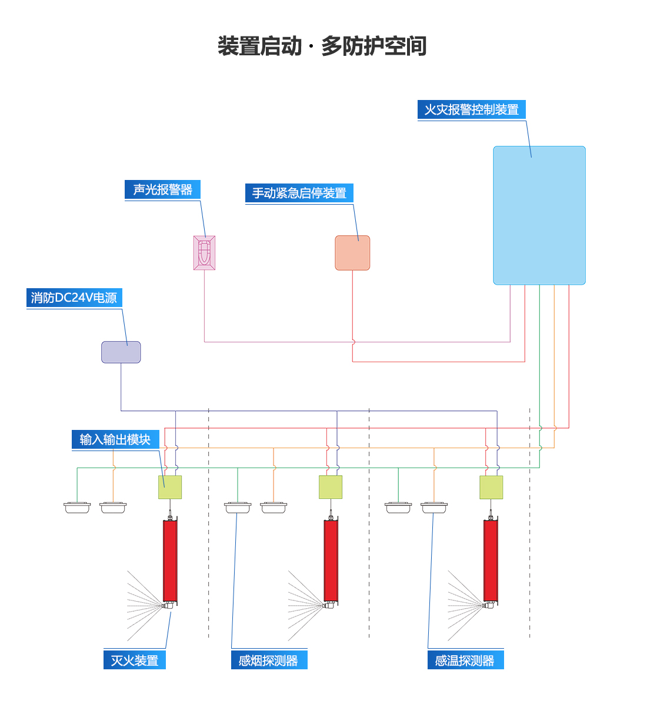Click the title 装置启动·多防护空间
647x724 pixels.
[x=322, y=46]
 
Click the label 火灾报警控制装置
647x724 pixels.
[x=471, y=110]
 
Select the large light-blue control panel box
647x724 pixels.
[x=539, y=215]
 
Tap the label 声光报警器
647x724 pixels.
[x=162, y=190]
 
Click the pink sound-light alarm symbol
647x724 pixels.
[x=204, y=253]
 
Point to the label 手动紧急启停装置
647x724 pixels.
[x=299, y=193]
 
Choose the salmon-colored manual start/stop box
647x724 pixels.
[x=352, y=253]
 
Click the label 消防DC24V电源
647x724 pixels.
[x=74, y=298]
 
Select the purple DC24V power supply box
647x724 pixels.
[x=121, y=352]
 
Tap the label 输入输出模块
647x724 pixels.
[x=115, y=440]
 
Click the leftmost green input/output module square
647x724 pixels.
[x=170, y=487]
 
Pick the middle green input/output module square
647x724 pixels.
[x=331, y=487]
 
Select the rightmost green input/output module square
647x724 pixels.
[x=491, y=487]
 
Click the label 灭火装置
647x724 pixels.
[x=135, y=660]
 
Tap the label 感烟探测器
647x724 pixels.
[x=269, y=660]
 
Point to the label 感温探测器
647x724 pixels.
[x=465, y=660]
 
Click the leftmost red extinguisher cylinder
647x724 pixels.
[x=170, y=562]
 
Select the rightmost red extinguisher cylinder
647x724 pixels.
[x=491, y=562]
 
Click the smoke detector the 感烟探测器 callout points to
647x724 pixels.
[x=237, y=507]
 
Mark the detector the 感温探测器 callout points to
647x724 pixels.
[x=434, y=507]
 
